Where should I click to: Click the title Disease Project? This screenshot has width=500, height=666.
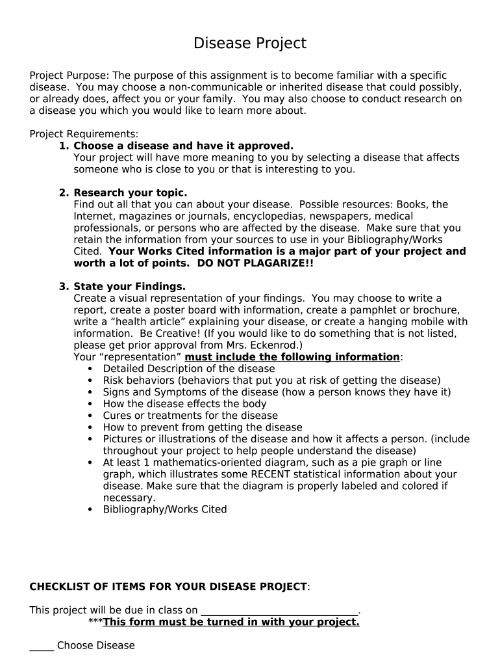pyautogui.click(x=250, y=44)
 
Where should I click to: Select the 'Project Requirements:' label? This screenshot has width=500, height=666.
pyautogui.click(x=84, y=134)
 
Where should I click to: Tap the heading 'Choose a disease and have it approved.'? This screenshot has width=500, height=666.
pyautogui.click(x=183, y=146)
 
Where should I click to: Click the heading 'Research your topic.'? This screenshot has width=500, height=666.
pyautogui.click(x=130, y=193)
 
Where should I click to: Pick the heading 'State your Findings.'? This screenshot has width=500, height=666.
pyautogui.click(x=129, y=286)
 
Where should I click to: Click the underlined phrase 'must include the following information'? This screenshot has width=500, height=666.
pyautogui.click(x=292, y=357)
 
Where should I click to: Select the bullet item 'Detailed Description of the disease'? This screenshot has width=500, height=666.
pyautogui.click(x=180, y=369)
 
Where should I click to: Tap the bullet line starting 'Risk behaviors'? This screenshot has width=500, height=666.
pyautogui.click(x=271, y=380)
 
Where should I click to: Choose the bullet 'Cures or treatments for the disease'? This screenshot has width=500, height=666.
pyautogui.click(x=190, y=416)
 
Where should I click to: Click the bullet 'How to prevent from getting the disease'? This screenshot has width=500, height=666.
pyautogui.click(x=203, y=427)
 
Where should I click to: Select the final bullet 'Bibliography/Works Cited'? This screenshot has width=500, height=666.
pyautogui.click(x=165, y=509)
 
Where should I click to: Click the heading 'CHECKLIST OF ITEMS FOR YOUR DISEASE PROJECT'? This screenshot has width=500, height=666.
pyautogui.click(x=168, y=587)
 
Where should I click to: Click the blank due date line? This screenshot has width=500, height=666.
pyautogui.click(x=279, y=611)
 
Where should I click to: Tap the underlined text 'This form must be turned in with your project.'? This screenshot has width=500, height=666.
pyautogui.click(x=231, y=622)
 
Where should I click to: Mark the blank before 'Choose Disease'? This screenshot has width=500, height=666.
pyautogui.click(x=42, y=646)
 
